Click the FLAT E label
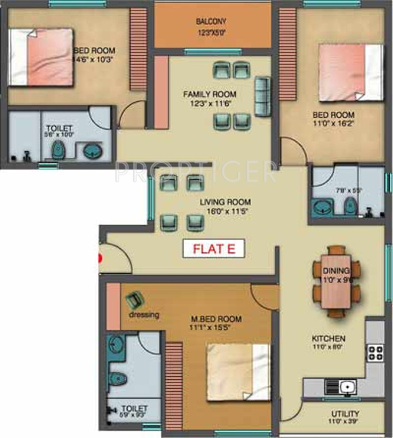215,249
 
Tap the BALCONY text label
212,22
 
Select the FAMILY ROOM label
205,94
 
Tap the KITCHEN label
329,338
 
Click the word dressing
143,315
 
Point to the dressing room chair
136,300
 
